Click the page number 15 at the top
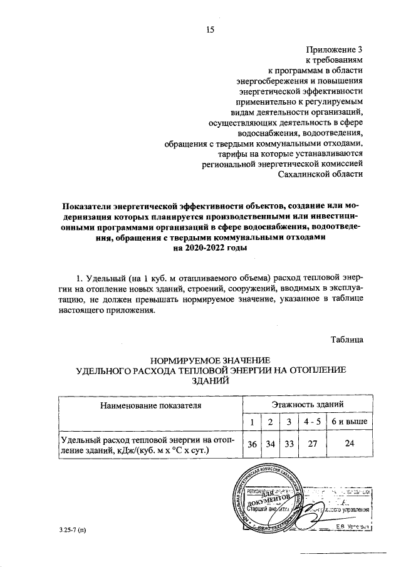[x=210, y=28]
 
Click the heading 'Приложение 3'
[x=335, y=48]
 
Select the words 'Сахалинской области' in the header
[x=320, y=174]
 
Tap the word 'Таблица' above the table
[x=347, y=339]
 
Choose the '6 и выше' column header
[x=350, y=422]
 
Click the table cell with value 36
[x=252, y=445]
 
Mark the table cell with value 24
[x=350, y=445]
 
